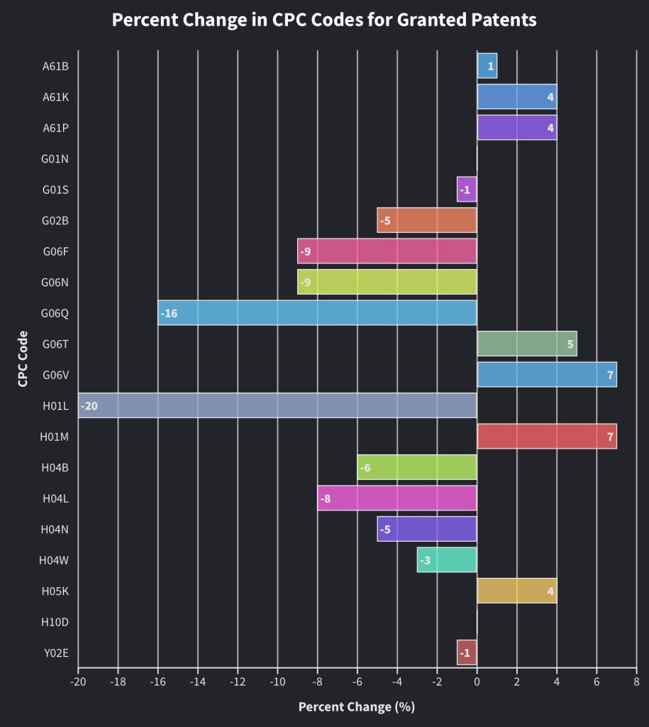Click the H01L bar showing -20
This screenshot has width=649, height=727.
277,405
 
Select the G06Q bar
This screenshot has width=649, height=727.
317,312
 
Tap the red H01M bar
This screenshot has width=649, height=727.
546,436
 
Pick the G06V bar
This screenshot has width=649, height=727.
546,374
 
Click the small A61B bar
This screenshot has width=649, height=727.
487,66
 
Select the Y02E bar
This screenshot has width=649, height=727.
467,652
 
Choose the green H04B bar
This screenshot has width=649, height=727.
417,467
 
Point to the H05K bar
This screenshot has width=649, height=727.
516,591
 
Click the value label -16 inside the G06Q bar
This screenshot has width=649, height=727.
169,313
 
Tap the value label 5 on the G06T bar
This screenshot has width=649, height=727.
570,344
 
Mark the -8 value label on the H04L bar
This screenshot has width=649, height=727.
325,498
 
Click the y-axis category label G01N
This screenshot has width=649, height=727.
55,159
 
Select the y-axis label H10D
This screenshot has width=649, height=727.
55,622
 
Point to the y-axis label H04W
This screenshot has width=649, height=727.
54,560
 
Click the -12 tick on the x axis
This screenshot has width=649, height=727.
237,682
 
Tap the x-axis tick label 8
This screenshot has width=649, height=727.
636,682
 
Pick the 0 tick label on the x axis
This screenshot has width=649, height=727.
477,682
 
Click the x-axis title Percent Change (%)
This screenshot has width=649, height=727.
356,706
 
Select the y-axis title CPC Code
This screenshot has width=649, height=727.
23,359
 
